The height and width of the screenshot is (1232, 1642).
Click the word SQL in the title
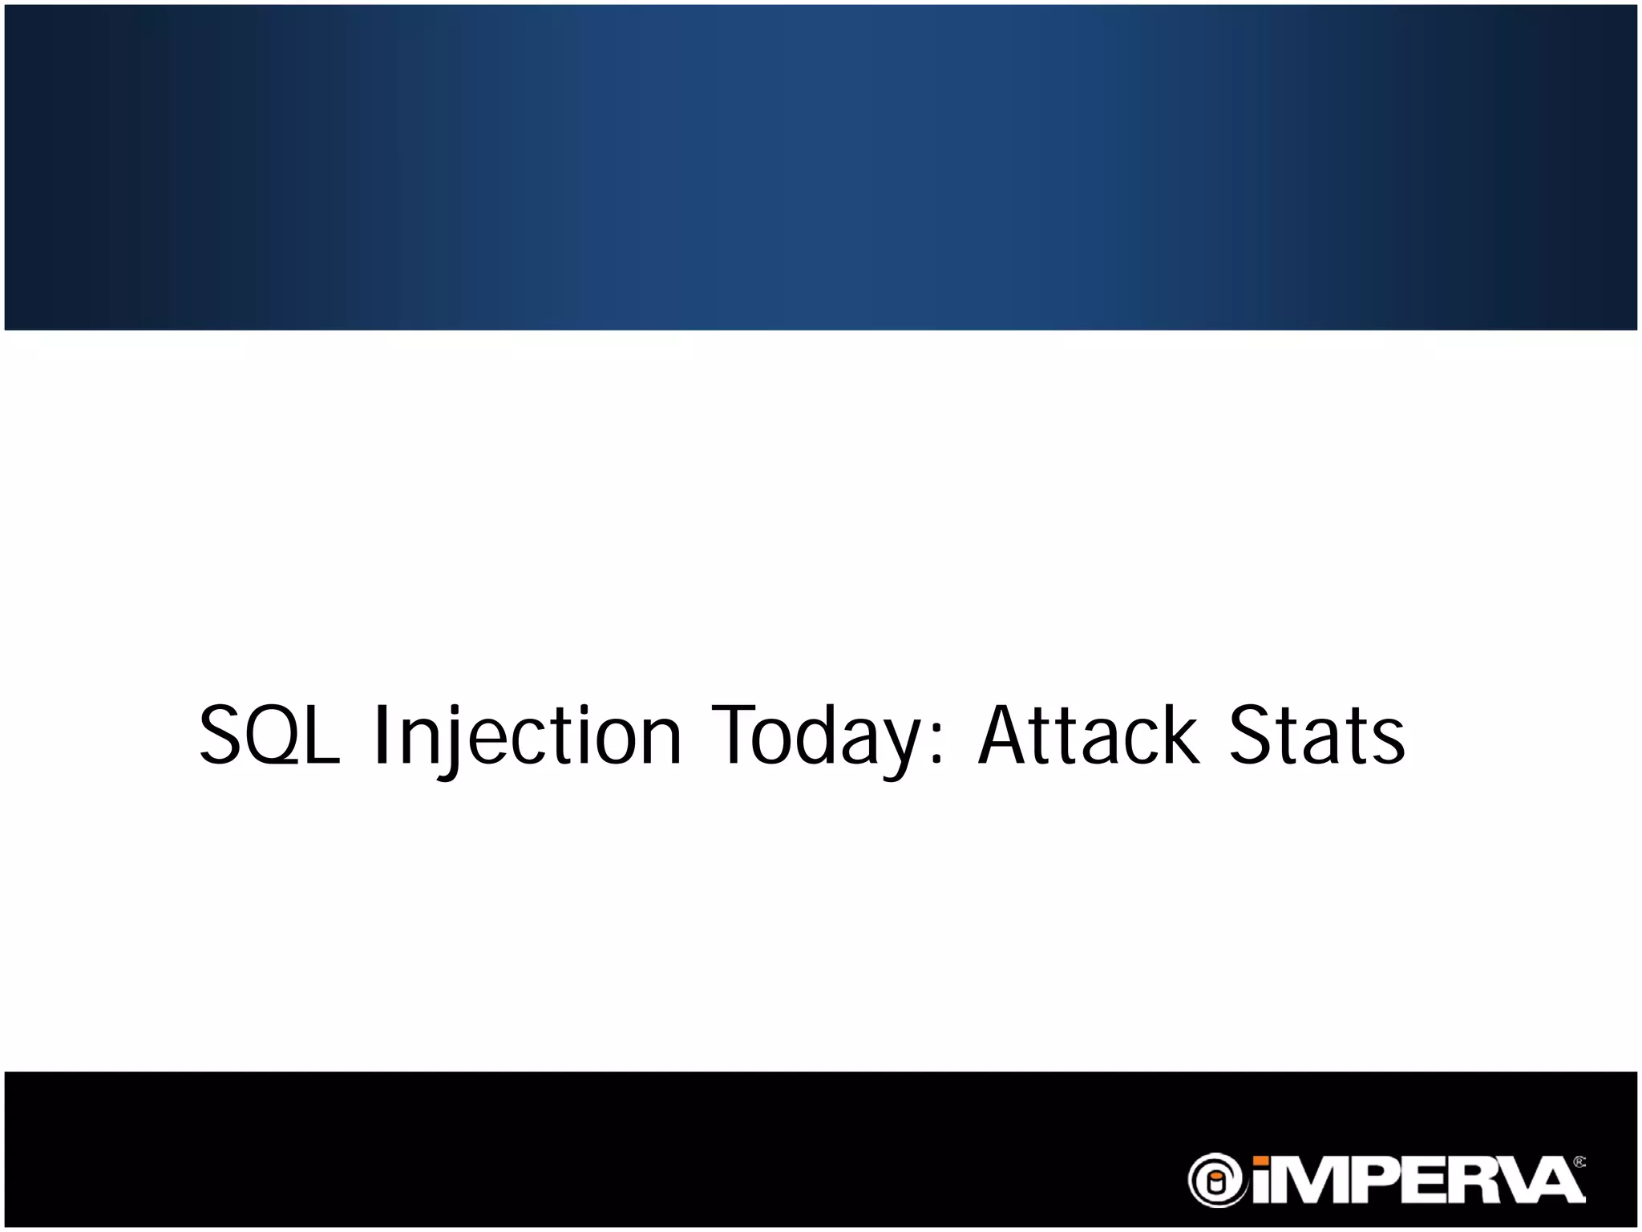coord(269,736)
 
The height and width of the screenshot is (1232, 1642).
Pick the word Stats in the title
coord(1316,736)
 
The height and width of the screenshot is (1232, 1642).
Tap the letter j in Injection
coord(453,742)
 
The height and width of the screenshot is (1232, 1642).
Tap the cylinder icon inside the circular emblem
coord(1217,1181)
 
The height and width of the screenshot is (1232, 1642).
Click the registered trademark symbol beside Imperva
coord(1579,1161)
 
